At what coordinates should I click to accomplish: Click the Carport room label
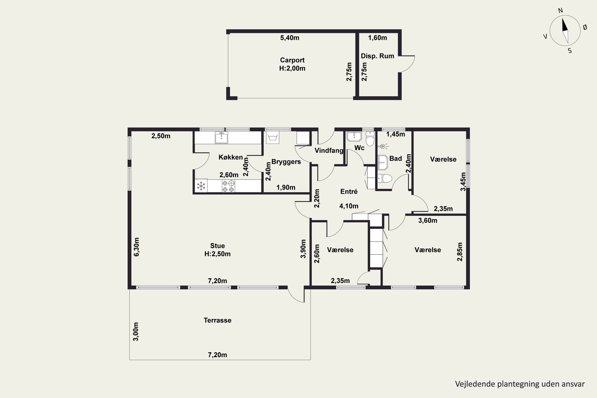coord(292,60)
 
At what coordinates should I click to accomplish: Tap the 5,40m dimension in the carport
coord(290,38)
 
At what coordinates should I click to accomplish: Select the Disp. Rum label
coord(378,56)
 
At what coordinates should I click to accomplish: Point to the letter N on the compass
coord(560,10)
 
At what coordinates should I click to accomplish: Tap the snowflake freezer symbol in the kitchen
coord(201,186)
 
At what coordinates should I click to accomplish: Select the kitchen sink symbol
coord(221,137)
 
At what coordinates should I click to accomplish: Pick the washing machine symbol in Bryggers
coord(273,138)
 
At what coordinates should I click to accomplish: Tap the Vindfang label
coord(329,150)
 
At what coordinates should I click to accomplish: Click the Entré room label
coord(349,192)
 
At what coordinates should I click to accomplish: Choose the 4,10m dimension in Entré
coord(349,206)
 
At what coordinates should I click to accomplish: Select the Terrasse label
coord(218,320)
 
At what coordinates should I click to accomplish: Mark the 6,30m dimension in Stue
coord(137,247)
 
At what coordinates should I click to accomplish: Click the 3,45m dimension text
coord(463,182)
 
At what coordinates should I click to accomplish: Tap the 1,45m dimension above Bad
coord(395,134)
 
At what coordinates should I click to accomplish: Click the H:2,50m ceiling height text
coord(218,254)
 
